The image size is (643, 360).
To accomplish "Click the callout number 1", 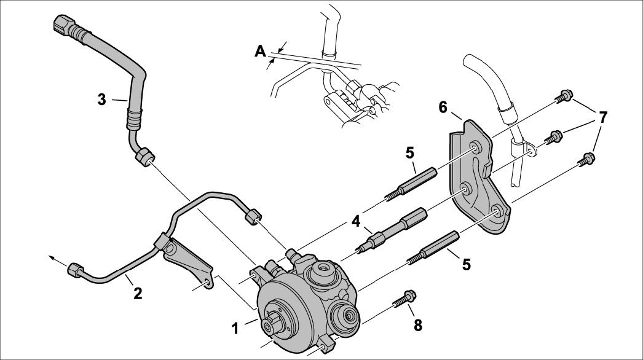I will (x=235, y=329).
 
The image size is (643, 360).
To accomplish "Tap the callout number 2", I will (x=138, y=293).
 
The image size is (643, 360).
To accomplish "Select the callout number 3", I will (x=102, y=98).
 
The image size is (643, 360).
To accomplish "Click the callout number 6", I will (x=443, y=107).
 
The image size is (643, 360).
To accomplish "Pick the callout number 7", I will (x=603, y=117).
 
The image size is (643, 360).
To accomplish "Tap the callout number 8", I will (x=418, y=325).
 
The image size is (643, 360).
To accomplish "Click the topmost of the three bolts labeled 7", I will (x=562, y=96).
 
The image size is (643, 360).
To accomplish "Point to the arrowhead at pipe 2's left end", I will (x=52, y=259).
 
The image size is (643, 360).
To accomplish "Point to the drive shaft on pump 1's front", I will (x=271, y=324).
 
